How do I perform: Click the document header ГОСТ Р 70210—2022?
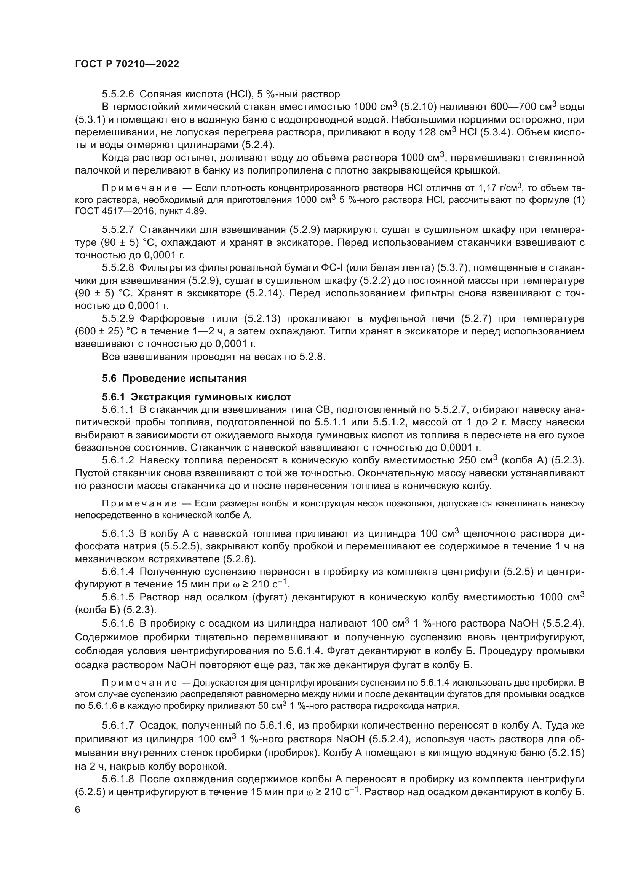127,64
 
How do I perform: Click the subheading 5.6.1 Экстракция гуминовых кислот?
196,397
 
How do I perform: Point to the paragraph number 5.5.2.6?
118,94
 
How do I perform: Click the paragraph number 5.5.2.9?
118,318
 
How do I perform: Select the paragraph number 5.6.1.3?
118,534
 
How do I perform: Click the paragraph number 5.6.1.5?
118,597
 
